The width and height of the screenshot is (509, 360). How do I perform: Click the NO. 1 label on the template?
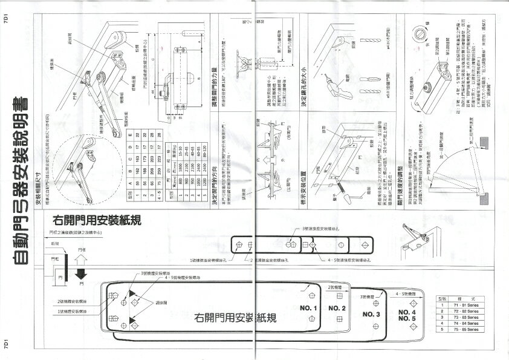(308, 309)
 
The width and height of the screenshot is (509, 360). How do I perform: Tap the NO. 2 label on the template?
(338, 309)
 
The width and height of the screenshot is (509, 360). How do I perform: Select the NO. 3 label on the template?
(371, 315)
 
